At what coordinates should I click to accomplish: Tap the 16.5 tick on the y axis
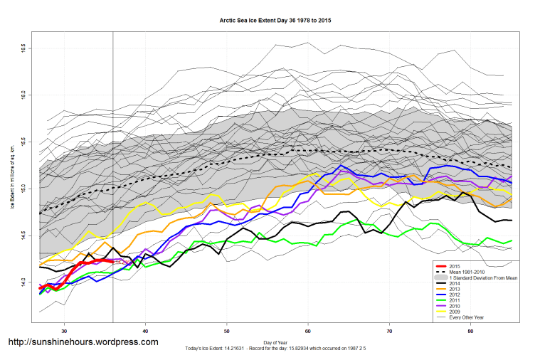click(23, 47)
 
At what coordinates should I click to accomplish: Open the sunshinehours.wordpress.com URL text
click(83, 342)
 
